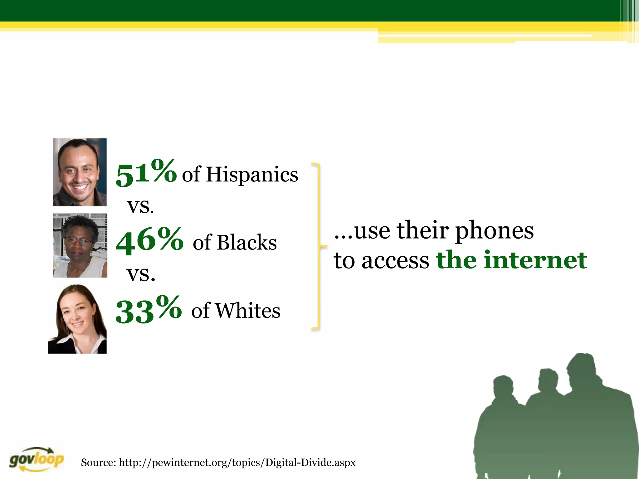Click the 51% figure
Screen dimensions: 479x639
(146, 173)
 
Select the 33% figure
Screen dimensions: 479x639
(149, 310)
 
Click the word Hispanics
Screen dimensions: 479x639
(252, 174)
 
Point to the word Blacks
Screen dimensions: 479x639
(247, 242)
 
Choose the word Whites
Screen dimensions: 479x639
(248, 311)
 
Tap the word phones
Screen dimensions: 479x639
(495, 231)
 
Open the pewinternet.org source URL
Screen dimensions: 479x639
(237, 462)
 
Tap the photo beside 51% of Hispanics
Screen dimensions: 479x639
(80, 172)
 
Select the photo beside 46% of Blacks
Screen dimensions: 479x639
(80, 245)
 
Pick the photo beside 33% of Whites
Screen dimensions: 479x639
(77, 319)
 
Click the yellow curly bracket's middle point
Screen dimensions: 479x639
(323, 246)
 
